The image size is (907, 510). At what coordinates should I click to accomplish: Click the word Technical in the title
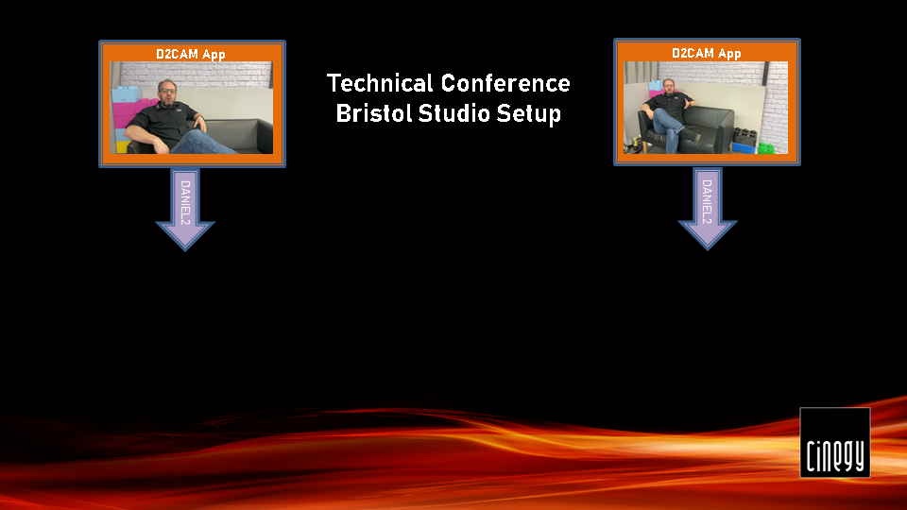(380, 83)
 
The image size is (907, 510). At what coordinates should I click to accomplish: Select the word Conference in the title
(505, 83)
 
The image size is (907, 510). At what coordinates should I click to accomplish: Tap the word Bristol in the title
(373, 112)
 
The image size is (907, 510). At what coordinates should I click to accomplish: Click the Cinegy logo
(834, 443)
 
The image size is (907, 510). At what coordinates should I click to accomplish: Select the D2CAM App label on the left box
(190, 55)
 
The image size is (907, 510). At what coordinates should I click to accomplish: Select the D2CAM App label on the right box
(707, 53)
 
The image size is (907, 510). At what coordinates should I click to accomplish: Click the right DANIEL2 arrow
(707, 208)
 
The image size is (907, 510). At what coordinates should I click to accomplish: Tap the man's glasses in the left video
(167, 91)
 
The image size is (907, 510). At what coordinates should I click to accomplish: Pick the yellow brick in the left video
(123, 147)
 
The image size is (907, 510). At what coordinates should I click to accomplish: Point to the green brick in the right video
(766, 148)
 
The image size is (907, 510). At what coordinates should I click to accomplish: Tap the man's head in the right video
(669, 86)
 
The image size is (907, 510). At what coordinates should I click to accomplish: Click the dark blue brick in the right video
(744, 148)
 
